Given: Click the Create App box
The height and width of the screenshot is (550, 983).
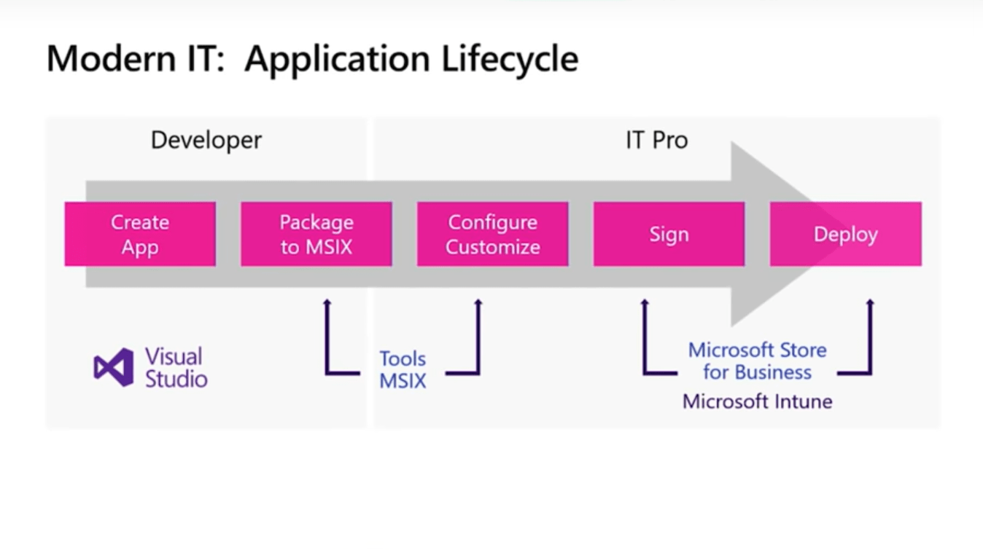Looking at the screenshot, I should tap(140, 234).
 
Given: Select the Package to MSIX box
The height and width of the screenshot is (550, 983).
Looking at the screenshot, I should tap(316, 234).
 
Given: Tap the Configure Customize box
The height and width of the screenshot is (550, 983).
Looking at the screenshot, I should tap(493, 234).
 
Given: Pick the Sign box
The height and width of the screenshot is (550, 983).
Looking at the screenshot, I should tap(669, 234).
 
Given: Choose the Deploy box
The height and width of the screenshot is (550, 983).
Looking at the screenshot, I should tap(846, 234).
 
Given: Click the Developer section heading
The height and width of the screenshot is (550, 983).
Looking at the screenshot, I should tap(206, 140).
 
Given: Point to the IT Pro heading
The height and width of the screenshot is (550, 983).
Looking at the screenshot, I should tap(656, 140).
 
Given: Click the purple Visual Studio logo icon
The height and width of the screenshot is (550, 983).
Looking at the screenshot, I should tap(114, 367).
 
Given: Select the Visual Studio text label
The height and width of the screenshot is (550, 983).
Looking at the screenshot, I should tap(176, 367).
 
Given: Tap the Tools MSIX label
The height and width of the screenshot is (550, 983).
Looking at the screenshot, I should tap(403, 369).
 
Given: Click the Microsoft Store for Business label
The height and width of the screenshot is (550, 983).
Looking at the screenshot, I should tap(757, 361).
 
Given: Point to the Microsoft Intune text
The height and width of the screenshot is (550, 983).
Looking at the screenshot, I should tap(757, 401).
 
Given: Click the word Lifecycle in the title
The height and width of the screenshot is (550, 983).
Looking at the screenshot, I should tap(510, 58).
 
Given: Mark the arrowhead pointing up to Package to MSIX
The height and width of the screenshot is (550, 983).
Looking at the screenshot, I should tap(327, 302).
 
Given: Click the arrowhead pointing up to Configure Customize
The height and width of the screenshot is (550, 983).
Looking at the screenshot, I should tap(478, 302).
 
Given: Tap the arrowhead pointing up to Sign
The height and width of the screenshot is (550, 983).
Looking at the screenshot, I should tap(644, 302).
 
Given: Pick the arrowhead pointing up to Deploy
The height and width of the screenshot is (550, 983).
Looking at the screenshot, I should tap(870, 302).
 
